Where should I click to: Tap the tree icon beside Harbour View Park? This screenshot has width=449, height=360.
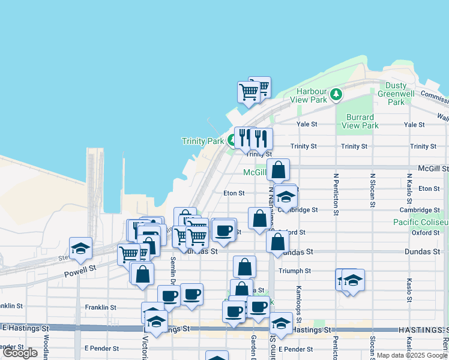337,94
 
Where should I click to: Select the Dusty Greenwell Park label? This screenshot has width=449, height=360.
396,94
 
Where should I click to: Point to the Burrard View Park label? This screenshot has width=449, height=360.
360,121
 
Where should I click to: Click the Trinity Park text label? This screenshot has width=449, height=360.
203,142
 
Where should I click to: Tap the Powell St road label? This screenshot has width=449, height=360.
80,271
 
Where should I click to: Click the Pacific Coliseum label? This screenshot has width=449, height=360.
421,223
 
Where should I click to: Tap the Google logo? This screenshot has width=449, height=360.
20,353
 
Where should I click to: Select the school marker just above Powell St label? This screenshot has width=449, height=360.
80,248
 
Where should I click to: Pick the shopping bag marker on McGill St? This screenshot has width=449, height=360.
279,170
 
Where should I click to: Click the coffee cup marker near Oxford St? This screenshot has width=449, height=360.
224,230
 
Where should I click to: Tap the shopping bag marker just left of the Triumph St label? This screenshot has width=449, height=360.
244,267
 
